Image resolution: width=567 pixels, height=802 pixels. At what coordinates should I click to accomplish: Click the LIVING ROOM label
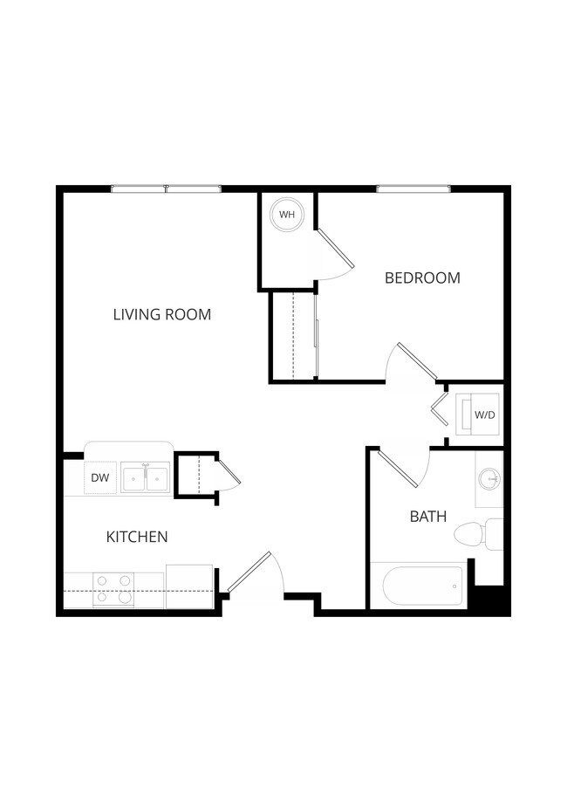(162, 314)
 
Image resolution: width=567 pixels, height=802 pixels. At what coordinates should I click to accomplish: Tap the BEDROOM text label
(422, 278)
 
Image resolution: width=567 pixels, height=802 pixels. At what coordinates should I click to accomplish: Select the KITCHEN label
(137, 537)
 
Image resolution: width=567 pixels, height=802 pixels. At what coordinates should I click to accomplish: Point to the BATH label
(428, 517)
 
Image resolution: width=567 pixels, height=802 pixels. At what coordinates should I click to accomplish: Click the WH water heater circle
(287, 214)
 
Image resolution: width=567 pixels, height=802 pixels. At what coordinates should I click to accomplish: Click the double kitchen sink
(145, 478)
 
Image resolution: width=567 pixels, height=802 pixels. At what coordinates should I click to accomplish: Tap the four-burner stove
(113, 589)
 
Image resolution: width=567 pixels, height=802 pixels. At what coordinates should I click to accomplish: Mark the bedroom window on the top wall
(413, 189)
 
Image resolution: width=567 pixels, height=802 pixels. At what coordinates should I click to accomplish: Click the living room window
(166, 189)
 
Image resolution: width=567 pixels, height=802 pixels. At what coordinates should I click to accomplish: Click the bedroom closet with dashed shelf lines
(293, 336)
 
